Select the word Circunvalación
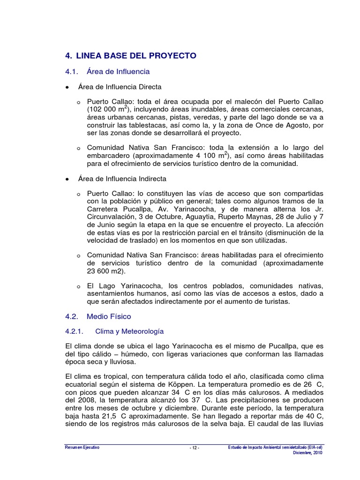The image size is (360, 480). pos(112,217)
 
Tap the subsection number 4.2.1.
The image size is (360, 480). pos(74,331)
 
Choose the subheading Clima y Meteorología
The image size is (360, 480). pos(129,331)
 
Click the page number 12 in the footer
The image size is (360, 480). pos(195,448)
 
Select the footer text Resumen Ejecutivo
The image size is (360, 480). pos(82,448)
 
